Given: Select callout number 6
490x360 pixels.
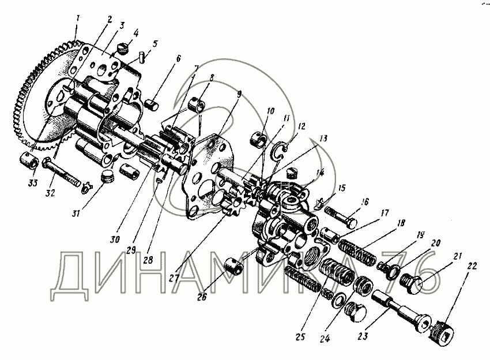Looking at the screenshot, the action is pyautogui.click(x=178, y=58).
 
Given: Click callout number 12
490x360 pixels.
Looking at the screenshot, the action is pyautogui.click(x=302, y=127).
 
